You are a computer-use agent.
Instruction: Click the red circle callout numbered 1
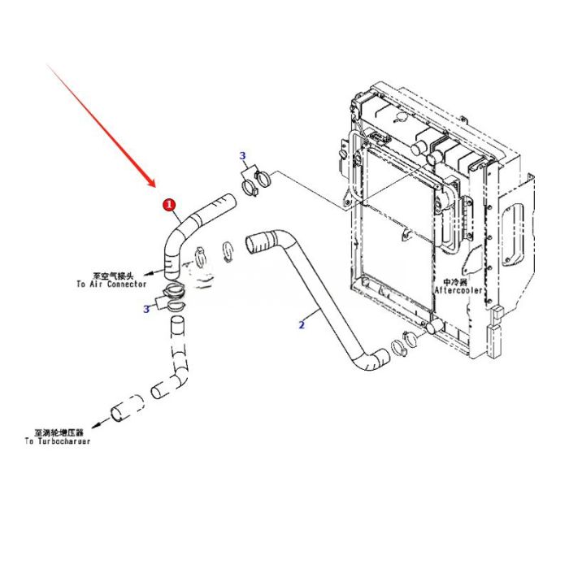pyautogui.click(x=169, y=205)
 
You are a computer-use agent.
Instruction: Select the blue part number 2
pyautogui.click(x=302, y=324)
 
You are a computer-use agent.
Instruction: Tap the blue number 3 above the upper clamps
pyautogui.click(x=242, y=155)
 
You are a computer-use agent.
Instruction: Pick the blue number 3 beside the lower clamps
pyautogui.click(x=146, y=308)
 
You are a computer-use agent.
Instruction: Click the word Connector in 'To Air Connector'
pyautogui.click(x=124, y=284)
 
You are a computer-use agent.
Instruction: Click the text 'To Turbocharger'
pyautogui.click(x=58, y=441)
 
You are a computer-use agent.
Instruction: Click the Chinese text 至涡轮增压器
pyautogui.click(x=59, y=432)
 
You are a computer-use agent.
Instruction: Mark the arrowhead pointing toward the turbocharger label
pyautogui.click(x=95, y=423)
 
